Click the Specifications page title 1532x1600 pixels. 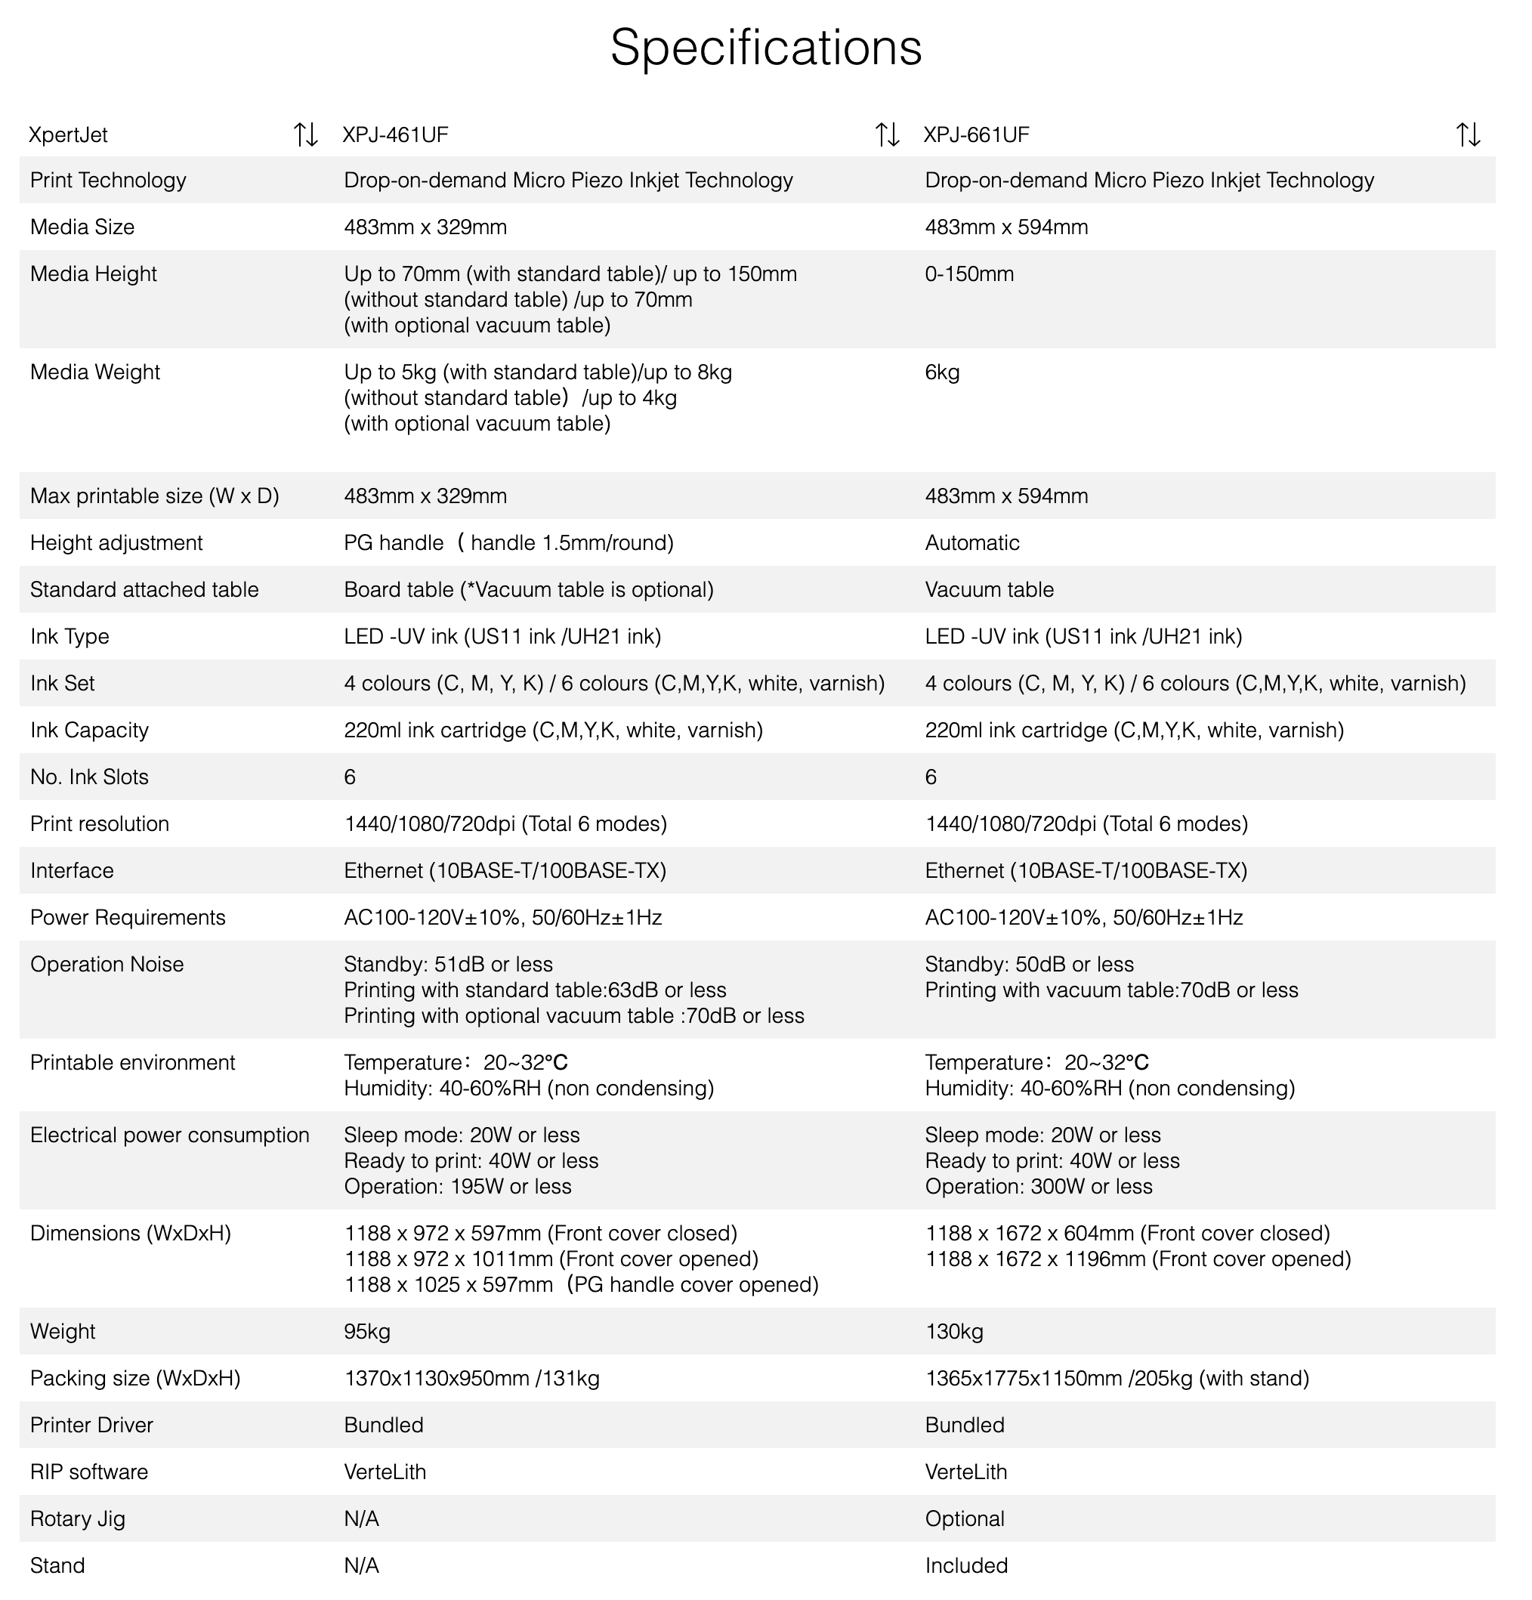click(x=765, y=48)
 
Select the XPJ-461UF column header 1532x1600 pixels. click(x=395, y=134)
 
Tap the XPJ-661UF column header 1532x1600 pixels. click(x=976, y=134)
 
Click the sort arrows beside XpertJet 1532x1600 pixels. click(x=305, y=134)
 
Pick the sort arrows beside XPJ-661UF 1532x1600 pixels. click(x=1468, y=134)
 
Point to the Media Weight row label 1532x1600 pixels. click(x=94, y=372)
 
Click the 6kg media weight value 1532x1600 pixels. click(x=942, y=372)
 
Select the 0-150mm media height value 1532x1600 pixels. click(x=968, y=274)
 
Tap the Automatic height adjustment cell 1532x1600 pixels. click(x=972, y=543)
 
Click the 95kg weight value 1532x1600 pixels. click(x=366, y=1331)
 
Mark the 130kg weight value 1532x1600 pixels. click(x=953, y=1331)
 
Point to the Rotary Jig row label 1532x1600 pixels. click(x=78, y=1518)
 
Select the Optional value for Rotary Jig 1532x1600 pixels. click(x=965, y=1518)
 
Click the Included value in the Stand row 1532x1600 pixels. click(x=966, y=1565)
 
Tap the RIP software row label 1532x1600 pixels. click(x=89, y=1472)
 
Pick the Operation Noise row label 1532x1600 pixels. click(x=107, y=964)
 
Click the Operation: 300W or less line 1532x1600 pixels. click(x=1038, y=1186)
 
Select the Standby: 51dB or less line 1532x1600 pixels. click(x=448, y=964)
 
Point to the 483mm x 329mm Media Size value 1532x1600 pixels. click(x=425, y=227)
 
